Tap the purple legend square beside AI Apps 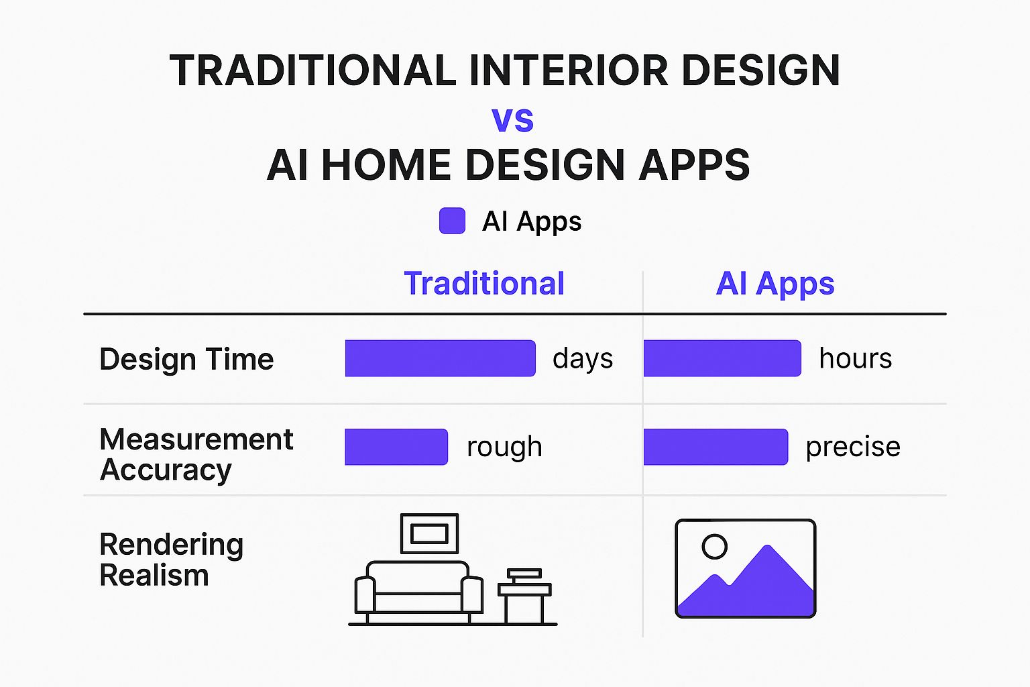(x=452, y=221)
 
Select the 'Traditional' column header (x=484, y=283)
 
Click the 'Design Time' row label (x=186, y=359)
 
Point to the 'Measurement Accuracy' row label (x=196, y=454)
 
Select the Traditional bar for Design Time (x=440, y=358)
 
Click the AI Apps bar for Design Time (x=722, y=358)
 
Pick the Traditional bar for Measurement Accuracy (x=396, y=447)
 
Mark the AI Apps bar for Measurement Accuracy (x=716, y=447)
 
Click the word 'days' (x=583, y=358)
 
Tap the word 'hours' (x=856, y=358)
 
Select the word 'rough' (x=504, y=447)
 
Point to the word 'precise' (x=853, y=447)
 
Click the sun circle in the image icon (x=715, y=535)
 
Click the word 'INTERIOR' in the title (x=569, y=70)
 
